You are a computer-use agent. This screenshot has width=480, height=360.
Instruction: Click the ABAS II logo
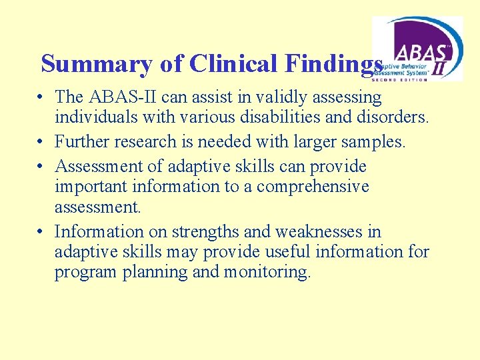[x=417, y=49]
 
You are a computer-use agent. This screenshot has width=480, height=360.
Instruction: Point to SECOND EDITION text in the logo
[x=399, y=79]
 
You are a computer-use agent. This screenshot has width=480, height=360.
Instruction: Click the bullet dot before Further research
[x=41, y=141]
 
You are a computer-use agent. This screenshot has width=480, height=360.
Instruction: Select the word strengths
[x=204, y=231]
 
